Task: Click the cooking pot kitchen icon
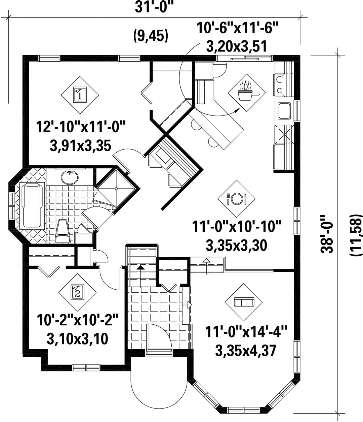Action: click(x=246, y=93)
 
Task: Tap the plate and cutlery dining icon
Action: click(x=236, y=199)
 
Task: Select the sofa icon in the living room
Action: click(x=244, y=302)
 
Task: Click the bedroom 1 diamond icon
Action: click(x=80, y=95)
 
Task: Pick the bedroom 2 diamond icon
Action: click(x=77, y=292)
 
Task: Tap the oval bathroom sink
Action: click(x=70, y=177)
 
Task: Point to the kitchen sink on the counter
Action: click(x=284, y=111)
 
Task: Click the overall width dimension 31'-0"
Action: click(x=155, y=7)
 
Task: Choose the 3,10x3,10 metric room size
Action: click(x=77, y=339)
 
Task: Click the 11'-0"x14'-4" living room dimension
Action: click(x=246, y=332)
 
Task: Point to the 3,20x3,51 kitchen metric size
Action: click(x=237, y=46)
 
